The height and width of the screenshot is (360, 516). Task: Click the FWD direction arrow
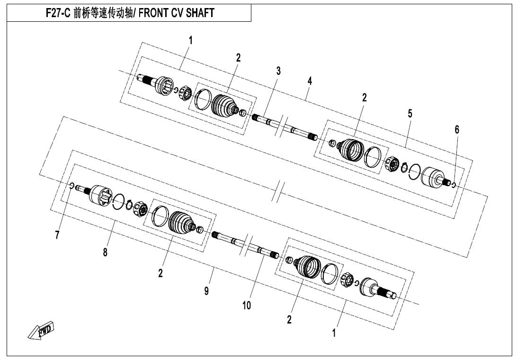(41, 330)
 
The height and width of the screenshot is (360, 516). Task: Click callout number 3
(278, 71)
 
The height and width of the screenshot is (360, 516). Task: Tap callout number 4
(310, 81)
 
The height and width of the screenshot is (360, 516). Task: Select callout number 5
(409, 114)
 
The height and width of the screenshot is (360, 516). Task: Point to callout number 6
(457, 130)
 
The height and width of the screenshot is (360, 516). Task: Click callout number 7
(57, 235)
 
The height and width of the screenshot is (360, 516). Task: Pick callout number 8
(105, 252)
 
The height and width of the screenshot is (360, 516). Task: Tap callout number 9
(206, 291)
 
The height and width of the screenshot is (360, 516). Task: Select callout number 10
(247, 306)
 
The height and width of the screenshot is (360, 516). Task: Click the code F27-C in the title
(58, 13)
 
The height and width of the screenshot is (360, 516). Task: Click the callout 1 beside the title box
(190, 41)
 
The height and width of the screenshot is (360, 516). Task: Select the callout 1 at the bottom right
(334, 333)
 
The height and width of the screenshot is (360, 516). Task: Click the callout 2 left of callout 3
(238, 58)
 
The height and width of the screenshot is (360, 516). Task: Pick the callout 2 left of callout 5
(365, 98)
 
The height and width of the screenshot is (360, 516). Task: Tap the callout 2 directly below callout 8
(160, 273)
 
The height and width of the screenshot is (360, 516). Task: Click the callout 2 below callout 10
(289, 319)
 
